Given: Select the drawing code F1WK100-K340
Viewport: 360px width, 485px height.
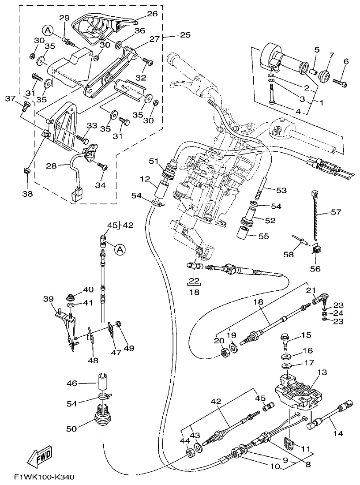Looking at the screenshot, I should coord(44,477).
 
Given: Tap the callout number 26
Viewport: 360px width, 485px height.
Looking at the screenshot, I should coord(152,14).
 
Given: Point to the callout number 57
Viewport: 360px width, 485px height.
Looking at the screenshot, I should coord(336,212).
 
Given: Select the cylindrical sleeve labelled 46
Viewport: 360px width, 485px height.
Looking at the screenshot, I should coord(103,382).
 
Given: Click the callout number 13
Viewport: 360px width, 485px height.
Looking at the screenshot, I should coord(322,372).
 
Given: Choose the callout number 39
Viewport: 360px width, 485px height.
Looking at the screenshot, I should coord(48,299).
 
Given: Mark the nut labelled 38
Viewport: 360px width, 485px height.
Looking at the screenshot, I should coord(26,170).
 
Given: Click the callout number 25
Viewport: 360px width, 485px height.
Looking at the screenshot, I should coord(185,35).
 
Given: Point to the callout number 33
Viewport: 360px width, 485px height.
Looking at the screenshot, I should coord(91,126).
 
